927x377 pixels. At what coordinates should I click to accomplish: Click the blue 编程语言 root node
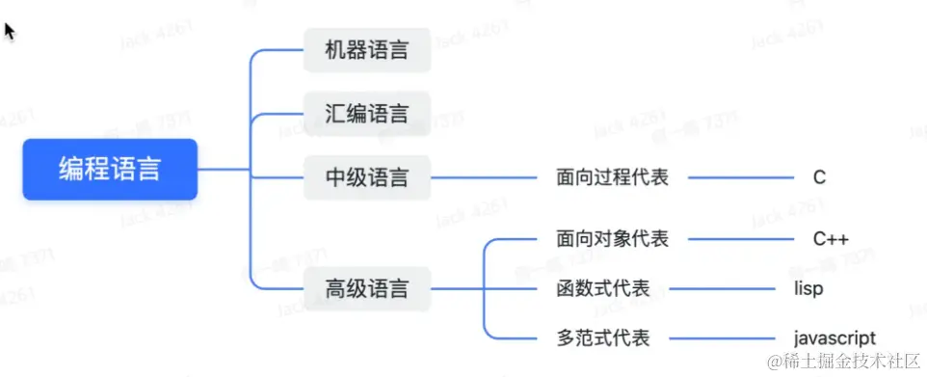pyautogui.click(x=110, y=170)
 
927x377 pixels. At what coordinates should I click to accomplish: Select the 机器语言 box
pyautogui.click(x=366, y=50)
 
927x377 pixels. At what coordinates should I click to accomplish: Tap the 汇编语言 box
pyautogui.click(x=366, y=114)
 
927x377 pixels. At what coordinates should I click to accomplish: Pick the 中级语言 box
pyautogui.click(x=366, y=177)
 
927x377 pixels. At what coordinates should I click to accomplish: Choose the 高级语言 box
pyautogui.click(x=366, y=287)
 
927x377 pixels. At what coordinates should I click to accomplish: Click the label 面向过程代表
pyautogui.click(x=612, y=177)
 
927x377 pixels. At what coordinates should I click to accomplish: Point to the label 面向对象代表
pyautogui.click(x=612, y=239)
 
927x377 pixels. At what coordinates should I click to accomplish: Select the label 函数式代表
pyautogui.click(x=603, y=288)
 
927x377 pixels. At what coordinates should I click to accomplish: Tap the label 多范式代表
pyautogui.click(x=603, y=337)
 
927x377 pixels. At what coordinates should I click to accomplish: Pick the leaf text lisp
pyautogui.click(x=808, y=288)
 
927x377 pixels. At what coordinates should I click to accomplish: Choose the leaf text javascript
pyautogui.click(x=834, y=337)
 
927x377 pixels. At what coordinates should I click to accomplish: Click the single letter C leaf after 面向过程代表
pyautogui.click(x=819, y=177)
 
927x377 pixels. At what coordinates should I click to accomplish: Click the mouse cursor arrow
pyautogui.click(x=10, y=31)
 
